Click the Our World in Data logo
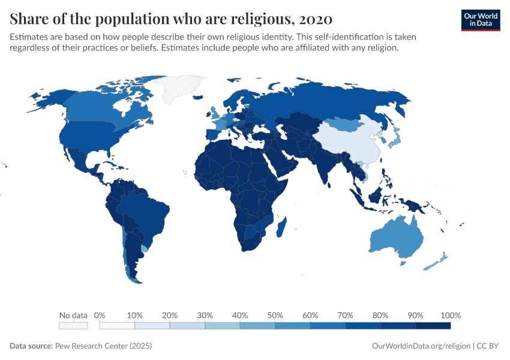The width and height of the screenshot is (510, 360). point(480,19)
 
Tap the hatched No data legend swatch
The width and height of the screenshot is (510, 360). point(73,325)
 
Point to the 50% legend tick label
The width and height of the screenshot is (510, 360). point(275,315)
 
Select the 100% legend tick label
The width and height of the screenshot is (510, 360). point(450,315)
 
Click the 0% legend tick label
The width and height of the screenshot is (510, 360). point(100,315)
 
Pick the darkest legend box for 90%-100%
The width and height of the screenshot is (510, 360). point(433,325)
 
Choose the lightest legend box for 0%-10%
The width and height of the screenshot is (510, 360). point(117,325)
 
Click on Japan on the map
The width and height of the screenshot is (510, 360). point(395,140)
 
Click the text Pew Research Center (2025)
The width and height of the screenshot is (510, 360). point(103,346)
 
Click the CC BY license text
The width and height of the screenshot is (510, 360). point(489,346)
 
